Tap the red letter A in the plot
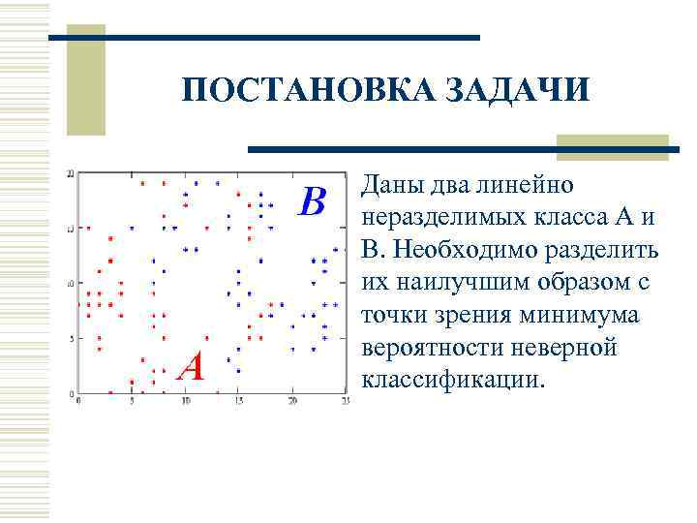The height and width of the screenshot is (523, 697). click(x=194, y=367)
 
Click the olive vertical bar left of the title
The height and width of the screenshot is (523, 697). click(x=92, y=82)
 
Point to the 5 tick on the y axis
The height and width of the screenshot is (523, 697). click(x=66, y=338)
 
